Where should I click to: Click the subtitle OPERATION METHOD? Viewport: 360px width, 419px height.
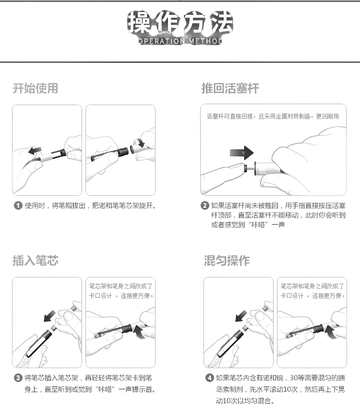click(180, 41)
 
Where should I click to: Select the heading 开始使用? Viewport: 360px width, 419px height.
click(35, 88)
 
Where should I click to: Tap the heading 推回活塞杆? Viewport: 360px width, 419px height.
click(230, 88)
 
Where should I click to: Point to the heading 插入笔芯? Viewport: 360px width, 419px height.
click(35, 261)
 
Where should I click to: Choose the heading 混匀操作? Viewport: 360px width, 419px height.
click(227, 261)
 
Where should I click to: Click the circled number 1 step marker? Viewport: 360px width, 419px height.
click(18, 206)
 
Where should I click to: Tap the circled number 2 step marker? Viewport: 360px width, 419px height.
click(204, 206)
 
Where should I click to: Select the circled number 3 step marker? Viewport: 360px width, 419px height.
click(18, 378)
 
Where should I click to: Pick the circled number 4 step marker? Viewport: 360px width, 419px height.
click(209, 378)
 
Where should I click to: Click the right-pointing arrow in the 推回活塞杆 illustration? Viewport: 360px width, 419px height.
click(241, 153)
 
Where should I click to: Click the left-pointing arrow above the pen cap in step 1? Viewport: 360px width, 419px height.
click(35, 151)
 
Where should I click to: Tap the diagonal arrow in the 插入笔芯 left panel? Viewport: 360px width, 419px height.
click(49, 315)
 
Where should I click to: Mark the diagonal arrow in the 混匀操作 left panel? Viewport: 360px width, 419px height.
click(240, 315)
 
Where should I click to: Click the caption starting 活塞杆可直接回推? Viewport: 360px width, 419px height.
click(273, 117)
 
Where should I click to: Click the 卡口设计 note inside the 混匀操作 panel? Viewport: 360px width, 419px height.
click(312, 291)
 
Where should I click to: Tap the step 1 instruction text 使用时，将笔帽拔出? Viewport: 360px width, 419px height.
click(91, 206)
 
